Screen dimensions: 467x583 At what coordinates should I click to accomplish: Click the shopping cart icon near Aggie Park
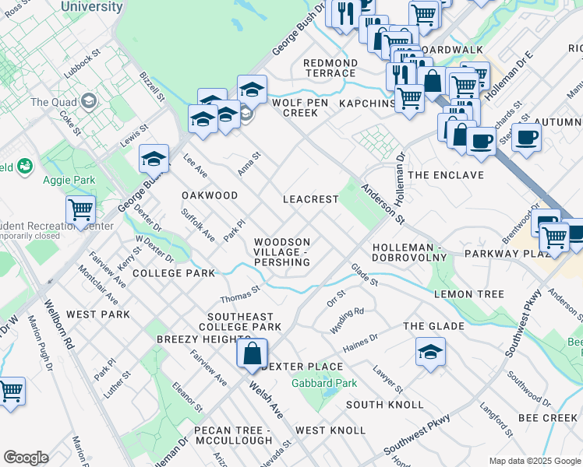[81, 209]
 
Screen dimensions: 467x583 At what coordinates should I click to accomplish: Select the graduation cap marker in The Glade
[430, 352]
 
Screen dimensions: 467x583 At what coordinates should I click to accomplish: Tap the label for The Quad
[51, 102]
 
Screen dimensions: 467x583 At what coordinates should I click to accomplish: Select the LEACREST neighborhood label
[310, 199]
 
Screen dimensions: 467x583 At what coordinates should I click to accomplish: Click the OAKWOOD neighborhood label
[210, 195]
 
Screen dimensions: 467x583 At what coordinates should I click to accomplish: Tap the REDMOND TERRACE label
[330, 68]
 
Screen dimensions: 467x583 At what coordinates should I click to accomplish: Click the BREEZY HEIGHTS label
[195, 339]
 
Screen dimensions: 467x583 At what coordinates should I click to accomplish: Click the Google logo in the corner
[26, 458]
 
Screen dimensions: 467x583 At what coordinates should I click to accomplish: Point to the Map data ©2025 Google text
[534, 461]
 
